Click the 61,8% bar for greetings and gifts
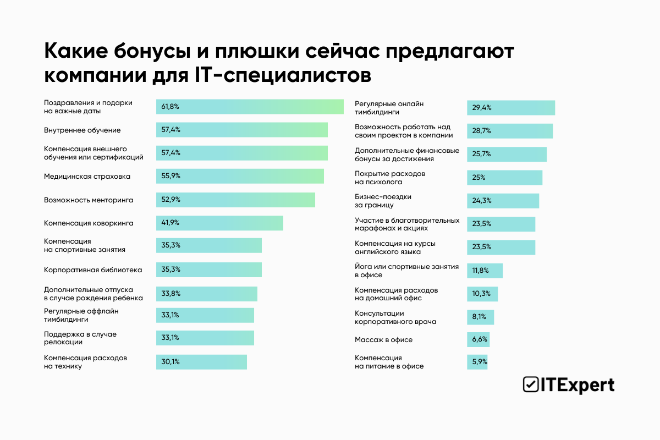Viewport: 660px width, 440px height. click(x=250, y=107)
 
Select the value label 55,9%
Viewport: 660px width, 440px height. click(x=171, y=176)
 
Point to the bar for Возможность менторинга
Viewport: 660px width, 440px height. click(x=235, y=200)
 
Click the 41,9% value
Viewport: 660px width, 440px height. click(x=170, y=223)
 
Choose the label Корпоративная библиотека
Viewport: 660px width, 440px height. click(x=93, y=269)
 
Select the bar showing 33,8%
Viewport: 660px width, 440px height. click(x=207, y=294)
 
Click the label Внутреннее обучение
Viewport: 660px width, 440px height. click(x=82, y=130)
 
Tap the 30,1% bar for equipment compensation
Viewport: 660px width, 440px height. click(x=201, y=362)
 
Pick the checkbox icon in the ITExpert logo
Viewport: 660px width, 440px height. click(x=530, y=384)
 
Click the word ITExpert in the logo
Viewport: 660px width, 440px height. click(x=577, y=384)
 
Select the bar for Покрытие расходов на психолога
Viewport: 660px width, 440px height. click(x=504, y=178)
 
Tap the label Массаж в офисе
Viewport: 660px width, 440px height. click(x=383, y=340)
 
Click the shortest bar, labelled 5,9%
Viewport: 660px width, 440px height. click(x=477, y=362)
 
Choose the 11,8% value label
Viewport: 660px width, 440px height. click(x=480, y=271)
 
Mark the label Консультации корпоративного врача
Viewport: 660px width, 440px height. click(x=395, y=317)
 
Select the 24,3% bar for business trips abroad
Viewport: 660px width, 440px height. click(x=503, y=201)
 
